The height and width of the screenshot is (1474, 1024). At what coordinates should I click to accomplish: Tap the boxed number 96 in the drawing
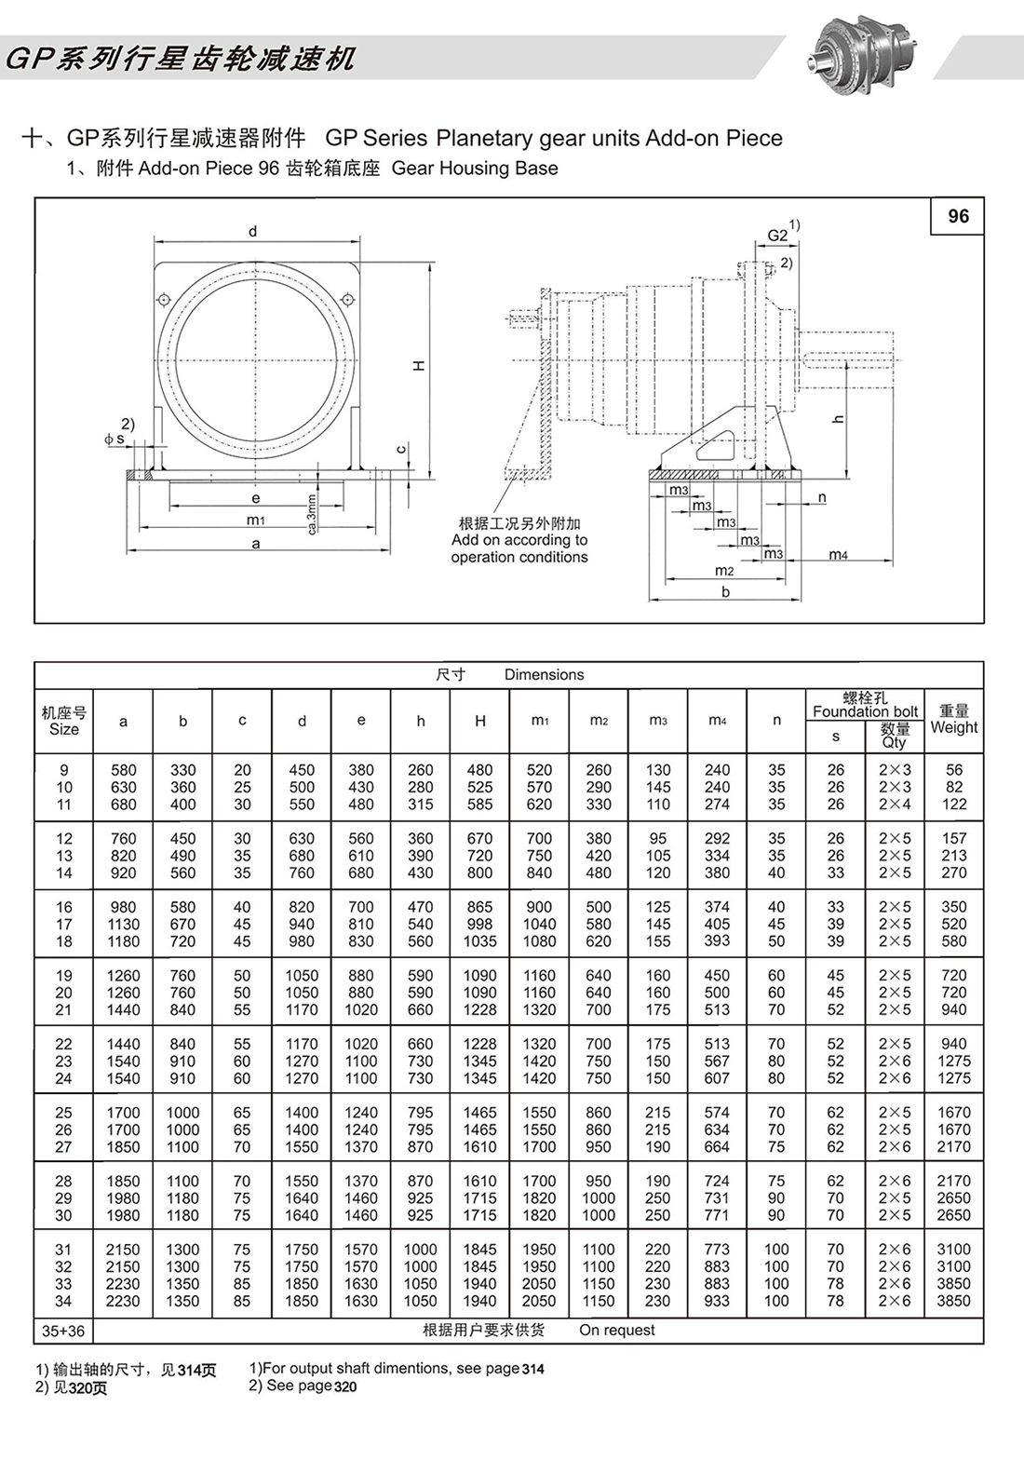(x=958, y=216)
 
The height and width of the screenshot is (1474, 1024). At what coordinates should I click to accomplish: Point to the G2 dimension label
(x=777, y=236)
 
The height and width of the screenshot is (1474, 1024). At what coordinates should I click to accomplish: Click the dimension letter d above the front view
(x=253, y=232)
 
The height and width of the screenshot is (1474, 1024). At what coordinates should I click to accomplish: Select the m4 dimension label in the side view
(x=838, y=555)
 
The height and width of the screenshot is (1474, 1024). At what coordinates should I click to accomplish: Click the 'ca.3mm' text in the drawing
(x=312, y=513)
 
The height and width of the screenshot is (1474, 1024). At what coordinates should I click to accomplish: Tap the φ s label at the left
(x=115, y=438)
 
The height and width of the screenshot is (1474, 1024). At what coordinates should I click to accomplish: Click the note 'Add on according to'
(x=519, y=540)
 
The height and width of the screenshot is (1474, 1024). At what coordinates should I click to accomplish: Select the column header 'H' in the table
(x=480, y=721)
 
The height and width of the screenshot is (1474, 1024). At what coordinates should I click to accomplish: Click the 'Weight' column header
(x=954, y=727)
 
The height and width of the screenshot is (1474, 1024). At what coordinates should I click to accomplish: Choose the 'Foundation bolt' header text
(x=865, y=711)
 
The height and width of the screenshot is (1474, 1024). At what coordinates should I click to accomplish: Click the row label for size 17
(x=64, y=924)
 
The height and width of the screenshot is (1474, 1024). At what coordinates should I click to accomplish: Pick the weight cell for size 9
(x=954, y=770)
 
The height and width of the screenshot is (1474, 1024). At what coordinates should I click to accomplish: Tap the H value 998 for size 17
(x=480, y=924)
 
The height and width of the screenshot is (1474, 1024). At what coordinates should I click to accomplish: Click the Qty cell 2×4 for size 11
(x=895, y=805)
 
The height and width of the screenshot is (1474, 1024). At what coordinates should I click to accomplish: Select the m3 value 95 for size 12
(x=658, y=838)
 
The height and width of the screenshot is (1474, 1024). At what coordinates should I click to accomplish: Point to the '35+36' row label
(x=63, y=1332)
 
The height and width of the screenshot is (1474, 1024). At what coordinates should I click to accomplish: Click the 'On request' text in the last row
(x=616, y=1330)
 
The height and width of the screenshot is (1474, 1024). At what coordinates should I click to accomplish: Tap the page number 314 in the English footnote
(x=532, y=1369)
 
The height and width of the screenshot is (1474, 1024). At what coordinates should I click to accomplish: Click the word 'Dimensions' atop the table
(x=544, y=674)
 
